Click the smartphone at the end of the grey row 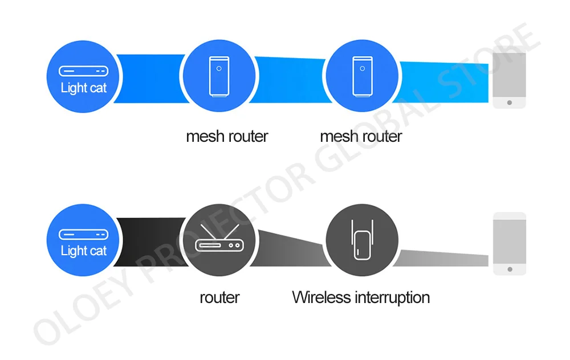click(x=509, y=243)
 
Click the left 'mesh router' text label click(x=227, y=137)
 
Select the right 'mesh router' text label click(x=361, y=137)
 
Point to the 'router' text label click(x=219, y=297)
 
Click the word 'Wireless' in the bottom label click(x=321, y=297)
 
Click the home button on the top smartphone click(x=508, y=103)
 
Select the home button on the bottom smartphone click(x=509, y=269)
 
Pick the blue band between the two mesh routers click(x=290, y=79)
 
